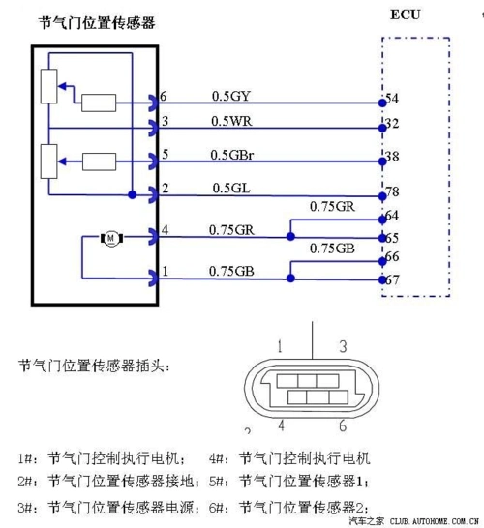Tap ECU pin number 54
pos(392,99)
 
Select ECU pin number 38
pos(392,157)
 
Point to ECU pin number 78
pos(392,192)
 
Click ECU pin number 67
pos(392,279)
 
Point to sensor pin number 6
pos(165,97)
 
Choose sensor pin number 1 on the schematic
pos(165,272)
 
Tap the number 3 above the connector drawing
pos(343,345)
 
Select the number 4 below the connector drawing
pos(280,425)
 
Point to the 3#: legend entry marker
pos(28,507)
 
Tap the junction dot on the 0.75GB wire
pos(290,279)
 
